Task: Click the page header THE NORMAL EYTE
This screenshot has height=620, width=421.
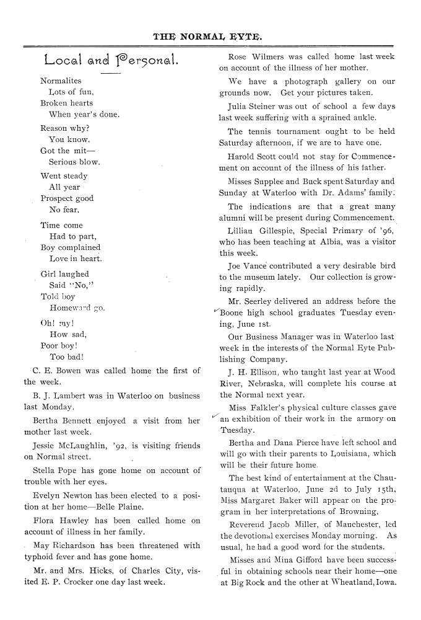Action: (x=207, y=37)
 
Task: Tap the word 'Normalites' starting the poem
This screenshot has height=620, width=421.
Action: (x=61, y=81)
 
